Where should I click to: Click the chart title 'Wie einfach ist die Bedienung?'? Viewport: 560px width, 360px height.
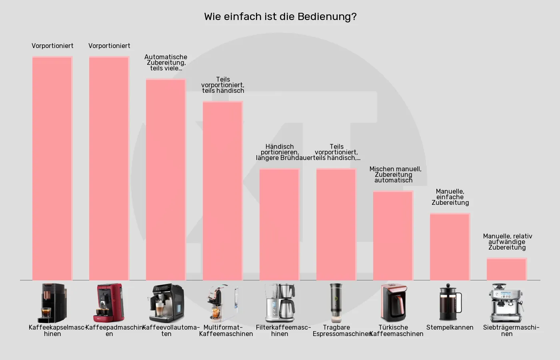coord(280,17)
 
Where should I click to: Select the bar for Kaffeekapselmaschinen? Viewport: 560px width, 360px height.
coord(52,168)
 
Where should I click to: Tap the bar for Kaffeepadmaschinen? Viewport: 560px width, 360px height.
coord(109,168)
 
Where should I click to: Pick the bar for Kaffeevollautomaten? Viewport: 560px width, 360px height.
coord(166,180)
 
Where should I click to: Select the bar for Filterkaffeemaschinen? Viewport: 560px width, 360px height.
coord(280,224)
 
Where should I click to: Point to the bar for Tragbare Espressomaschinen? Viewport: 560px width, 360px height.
coord(336,224)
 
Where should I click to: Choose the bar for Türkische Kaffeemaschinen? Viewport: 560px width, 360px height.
coord(393,236)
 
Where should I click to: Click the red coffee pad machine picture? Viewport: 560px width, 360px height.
coord(109,303)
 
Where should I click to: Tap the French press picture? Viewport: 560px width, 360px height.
coord(450,303)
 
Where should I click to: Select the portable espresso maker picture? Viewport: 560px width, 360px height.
coord(336,303)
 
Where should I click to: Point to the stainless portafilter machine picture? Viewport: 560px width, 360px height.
coord(507,303)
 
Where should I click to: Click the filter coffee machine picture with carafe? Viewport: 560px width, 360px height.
coord(280,303)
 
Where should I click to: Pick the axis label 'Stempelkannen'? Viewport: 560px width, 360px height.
coord(450,328)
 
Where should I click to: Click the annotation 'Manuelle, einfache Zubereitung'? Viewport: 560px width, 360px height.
coord(450,197)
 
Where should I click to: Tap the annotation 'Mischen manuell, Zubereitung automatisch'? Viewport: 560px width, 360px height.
coord(394,174)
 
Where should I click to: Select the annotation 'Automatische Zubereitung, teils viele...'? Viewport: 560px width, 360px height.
coord(166,62)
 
